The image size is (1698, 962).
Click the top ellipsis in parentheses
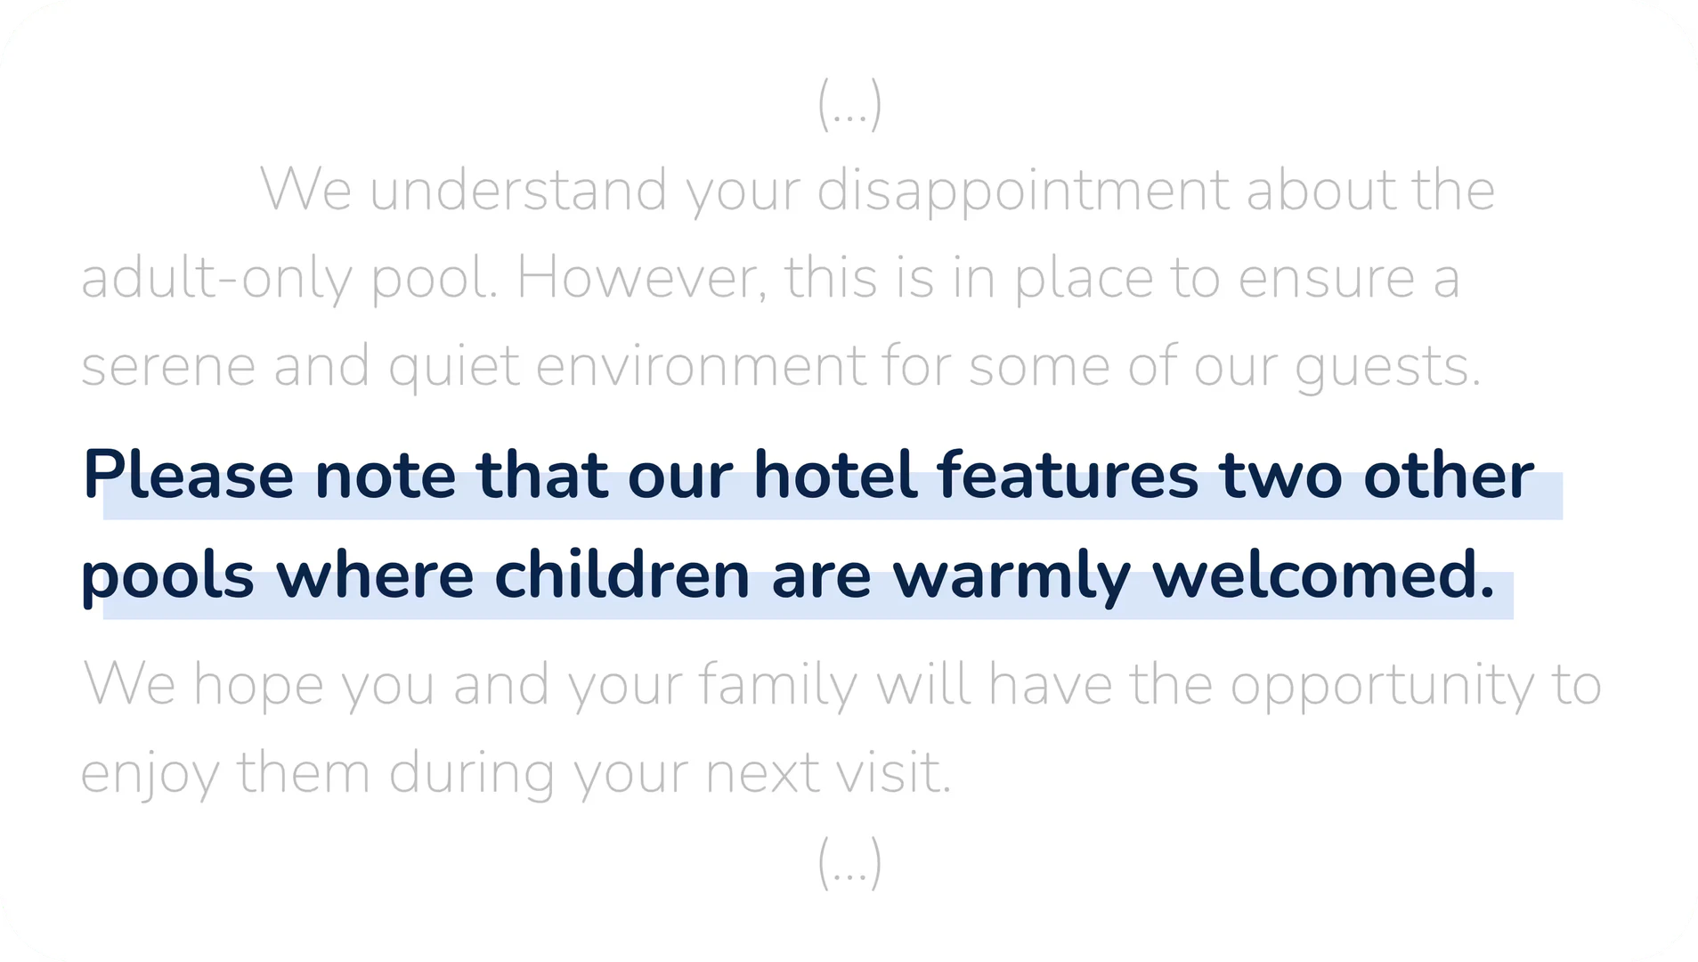[x=849, y=104]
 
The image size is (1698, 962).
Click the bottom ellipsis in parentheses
[x=849, y=862]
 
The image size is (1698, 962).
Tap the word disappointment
[x=1022, y=192]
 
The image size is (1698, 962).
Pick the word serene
[x=168, y=367]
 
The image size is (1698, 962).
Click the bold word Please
[x=188, y=475]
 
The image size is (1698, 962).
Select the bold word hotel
[x=835, y=474]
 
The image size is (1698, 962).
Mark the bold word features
[x=1068, y=474]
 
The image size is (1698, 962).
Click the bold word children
[x=622, y=574]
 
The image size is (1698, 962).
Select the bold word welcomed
[x=1323, y=574]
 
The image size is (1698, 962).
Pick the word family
[x=777, y=686]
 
